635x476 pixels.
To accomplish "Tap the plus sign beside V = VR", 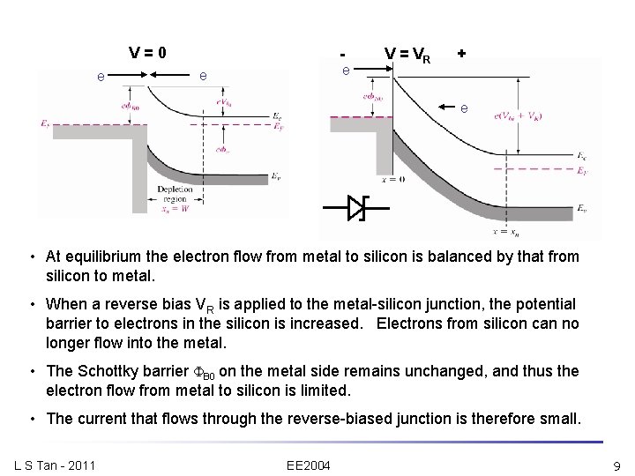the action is point(461,54).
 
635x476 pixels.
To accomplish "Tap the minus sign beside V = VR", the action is point(345,54).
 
